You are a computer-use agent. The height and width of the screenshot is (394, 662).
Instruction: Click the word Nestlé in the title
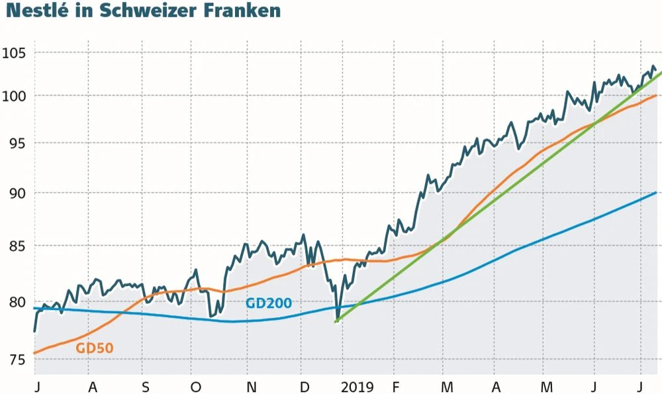pos(36,11)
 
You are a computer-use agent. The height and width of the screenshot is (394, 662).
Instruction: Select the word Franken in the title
pos(236,11)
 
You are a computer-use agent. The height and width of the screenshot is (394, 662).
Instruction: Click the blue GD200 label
pos(268,303)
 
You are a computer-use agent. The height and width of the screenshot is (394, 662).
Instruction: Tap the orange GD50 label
pos(94,348)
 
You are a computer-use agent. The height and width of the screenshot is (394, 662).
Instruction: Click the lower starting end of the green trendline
pos(336,321)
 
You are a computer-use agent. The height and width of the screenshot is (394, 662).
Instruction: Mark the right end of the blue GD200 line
pos(655,193)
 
